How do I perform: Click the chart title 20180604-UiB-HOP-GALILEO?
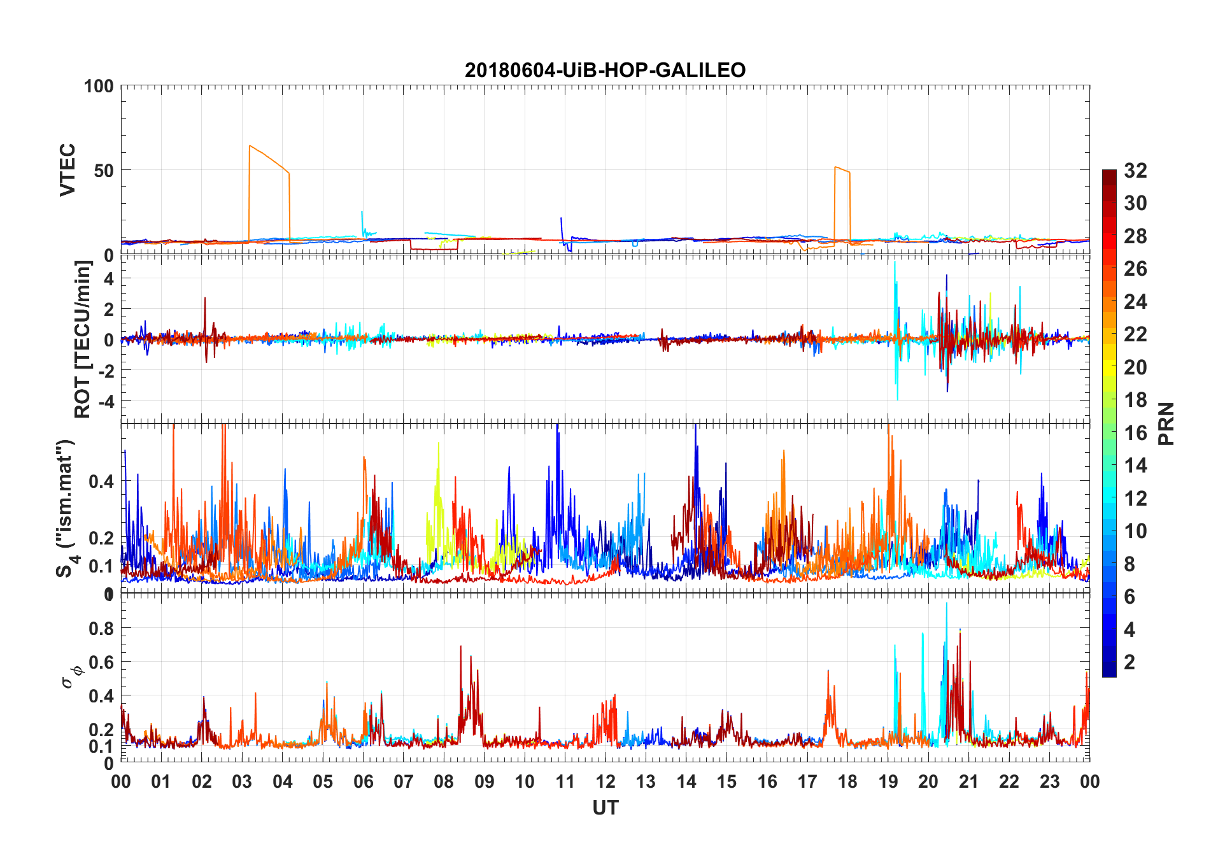605,70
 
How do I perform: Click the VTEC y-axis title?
67,169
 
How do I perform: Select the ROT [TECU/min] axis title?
83,339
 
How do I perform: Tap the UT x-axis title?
605,808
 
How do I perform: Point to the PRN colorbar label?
1166,423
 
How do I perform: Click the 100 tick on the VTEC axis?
99,86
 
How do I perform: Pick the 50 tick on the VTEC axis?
104,170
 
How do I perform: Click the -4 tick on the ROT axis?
104,401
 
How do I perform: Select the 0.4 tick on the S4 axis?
101,481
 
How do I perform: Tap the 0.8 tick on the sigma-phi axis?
101,628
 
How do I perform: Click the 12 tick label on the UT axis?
605,782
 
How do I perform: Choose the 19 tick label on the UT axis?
888,782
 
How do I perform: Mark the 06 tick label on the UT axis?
363,782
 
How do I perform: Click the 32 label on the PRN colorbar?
1135,171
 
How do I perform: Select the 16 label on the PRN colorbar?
1135,433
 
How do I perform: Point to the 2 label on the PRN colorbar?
1130,662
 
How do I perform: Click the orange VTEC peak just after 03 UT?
250,146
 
